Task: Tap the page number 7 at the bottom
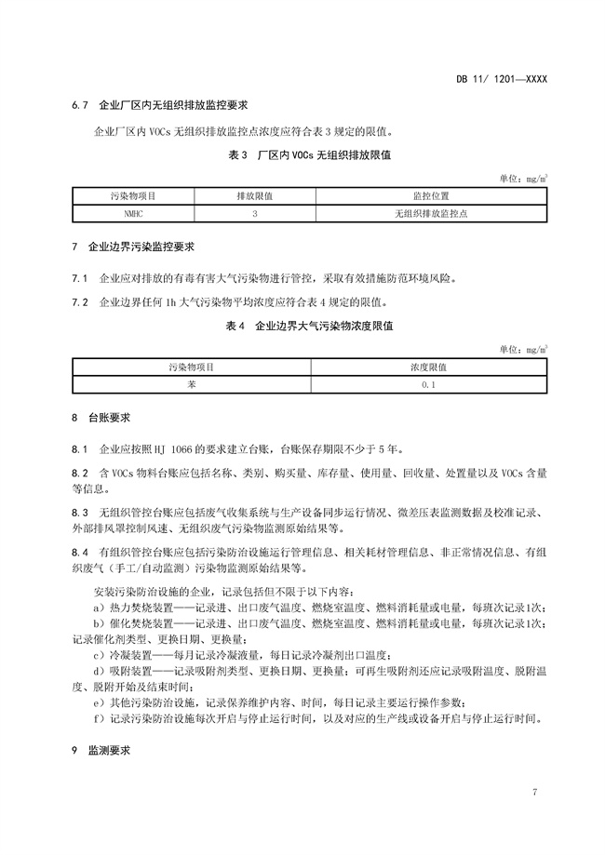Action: coord(535,792)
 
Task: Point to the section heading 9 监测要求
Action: coord(101,749)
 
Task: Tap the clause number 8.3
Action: coord(79,513)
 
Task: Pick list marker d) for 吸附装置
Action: coord(98,671)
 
